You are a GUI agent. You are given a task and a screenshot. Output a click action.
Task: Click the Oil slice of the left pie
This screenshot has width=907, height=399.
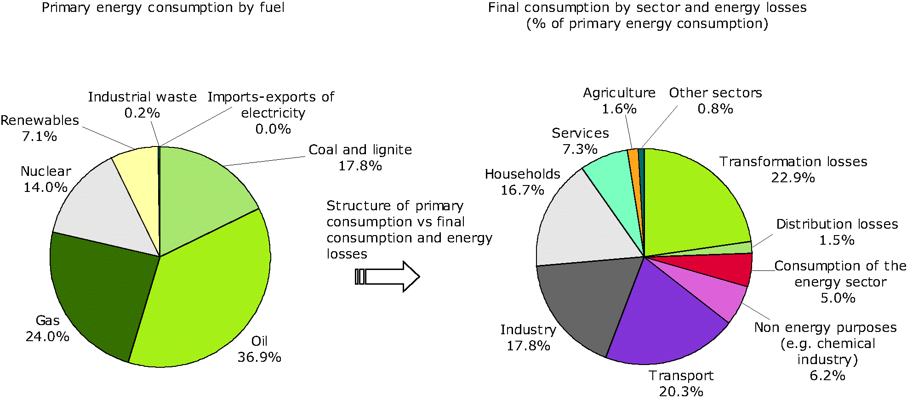[207, 294]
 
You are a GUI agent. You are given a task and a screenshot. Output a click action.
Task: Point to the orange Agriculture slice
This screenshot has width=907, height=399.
[633, 165]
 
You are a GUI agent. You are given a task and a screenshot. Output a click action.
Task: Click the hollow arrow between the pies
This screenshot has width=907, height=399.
[391, 276]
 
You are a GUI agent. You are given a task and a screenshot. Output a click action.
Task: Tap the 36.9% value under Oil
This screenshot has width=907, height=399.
[259, 357]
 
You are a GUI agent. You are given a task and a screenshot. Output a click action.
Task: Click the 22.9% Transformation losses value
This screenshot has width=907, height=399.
[793, 178]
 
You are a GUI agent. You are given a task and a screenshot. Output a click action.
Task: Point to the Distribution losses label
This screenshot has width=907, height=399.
[837, 224]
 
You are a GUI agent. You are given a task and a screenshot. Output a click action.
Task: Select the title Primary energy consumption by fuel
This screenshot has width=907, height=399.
[163, 8]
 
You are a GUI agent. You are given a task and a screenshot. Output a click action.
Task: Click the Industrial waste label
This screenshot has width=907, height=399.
[142, 97]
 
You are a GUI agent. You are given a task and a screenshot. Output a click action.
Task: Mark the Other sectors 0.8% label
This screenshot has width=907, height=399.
[715, 101]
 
